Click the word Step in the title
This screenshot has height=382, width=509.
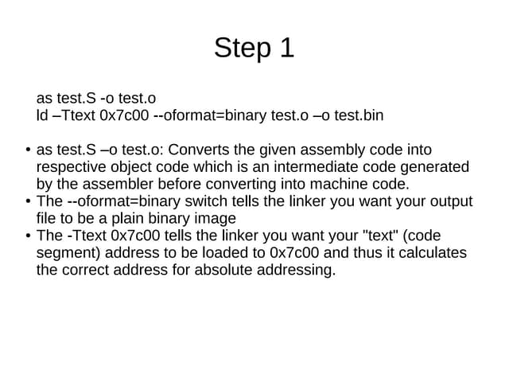[243, 48]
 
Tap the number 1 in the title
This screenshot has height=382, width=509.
[286, 48]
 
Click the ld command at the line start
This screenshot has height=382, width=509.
[42, 115]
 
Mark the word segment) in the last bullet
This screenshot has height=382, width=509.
[68, 254]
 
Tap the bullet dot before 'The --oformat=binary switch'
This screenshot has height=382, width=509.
[29, 201]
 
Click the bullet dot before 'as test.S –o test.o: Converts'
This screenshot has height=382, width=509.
[29, 150]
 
